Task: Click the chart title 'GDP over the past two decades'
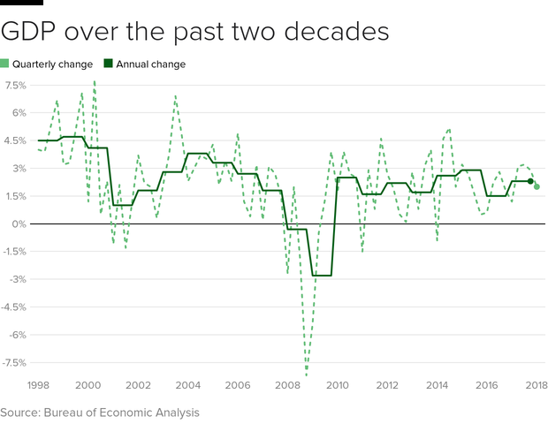(x=194, y=32)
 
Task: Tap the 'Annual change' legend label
(x=152, y=64)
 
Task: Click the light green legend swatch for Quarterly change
(x=4, y=64)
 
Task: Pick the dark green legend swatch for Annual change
(x=109, y=64)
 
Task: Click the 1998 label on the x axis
(x=37, y=386)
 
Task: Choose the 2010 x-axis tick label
(x=338, y=386)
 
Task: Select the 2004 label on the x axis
(x=187, y=386)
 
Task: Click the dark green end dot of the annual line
(x=530, y=181)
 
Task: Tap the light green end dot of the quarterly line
(x=537, y=186)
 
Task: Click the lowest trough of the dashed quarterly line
(x=307, y=375)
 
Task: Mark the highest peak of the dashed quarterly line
(x=95, y=81)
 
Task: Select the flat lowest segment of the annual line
(x=321, y=276)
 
